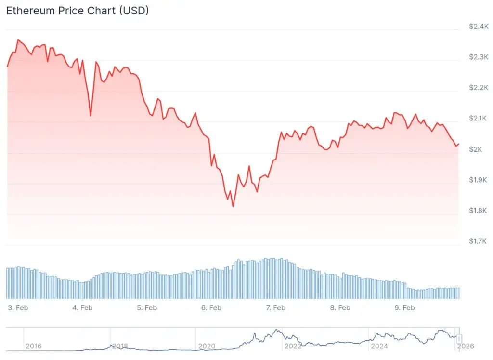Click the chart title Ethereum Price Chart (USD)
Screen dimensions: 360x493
(77, 11)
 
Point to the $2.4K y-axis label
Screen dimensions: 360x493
(479, 27)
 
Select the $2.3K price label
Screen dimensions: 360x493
(479, 57)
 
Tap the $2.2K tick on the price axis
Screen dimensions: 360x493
(479, 88)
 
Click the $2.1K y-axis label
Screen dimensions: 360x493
(479, 119)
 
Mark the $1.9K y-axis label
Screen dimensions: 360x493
(479, 180)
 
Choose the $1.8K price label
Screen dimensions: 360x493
(479, 211)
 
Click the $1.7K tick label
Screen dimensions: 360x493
(479, 241)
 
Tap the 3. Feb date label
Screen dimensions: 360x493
(17, 307)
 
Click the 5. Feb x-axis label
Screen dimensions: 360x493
(146, 307)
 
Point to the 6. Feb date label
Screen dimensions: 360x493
(211, 307)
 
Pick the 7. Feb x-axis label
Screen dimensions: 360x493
(275, 307)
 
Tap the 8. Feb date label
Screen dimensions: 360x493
(340, 307)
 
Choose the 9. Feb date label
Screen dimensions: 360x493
(404, 307)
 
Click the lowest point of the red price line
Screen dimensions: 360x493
(233, 206)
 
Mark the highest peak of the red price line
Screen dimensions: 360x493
(18, 40)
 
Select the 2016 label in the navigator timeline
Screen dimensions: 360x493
(33, 346)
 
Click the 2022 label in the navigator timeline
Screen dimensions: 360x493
(293, 346)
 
